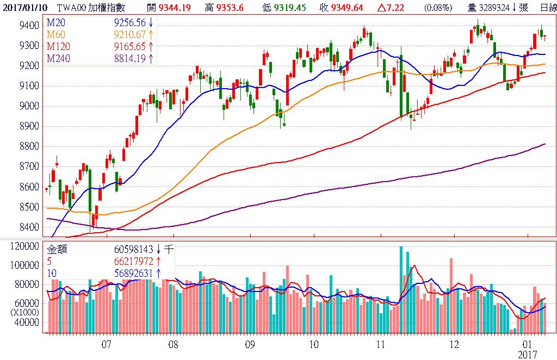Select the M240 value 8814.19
130,58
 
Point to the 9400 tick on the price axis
28,26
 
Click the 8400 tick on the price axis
28,227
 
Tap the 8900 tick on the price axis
28,126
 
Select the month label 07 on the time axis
106,344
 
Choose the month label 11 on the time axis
381,344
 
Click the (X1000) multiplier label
26,312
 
